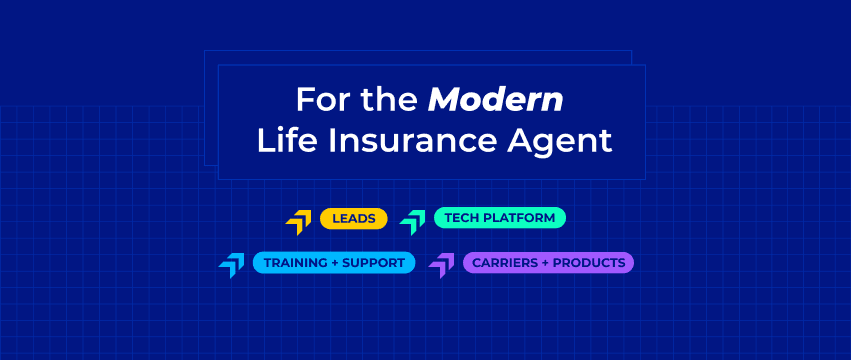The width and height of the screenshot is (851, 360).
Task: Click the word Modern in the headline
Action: (496, 99)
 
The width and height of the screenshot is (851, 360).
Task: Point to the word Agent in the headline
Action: (560, 142)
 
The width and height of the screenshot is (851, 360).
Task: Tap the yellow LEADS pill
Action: (354, 218)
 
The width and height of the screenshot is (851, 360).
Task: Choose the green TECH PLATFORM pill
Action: (500, 218)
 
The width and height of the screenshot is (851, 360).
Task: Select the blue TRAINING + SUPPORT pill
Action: (334, 263)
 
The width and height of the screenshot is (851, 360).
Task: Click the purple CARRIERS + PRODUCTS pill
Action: (549, 263)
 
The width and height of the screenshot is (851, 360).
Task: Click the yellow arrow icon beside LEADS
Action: (300, 222)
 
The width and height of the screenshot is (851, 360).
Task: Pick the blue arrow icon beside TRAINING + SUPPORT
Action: (232, 265)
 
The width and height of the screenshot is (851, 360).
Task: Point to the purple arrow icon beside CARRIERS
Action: (442, 265)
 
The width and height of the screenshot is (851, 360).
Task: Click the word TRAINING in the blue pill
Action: (288, 263)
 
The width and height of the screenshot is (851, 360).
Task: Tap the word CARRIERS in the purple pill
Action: (498, 263)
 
